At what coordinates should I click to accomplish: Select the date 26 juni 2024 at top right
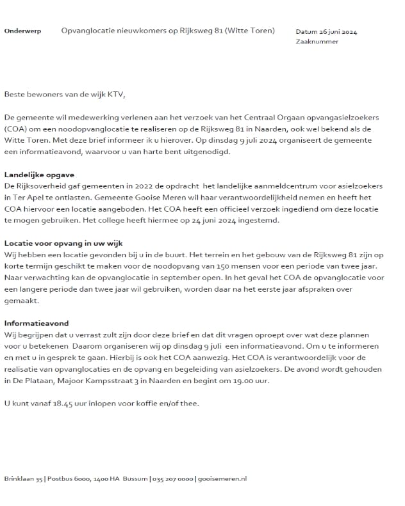345,31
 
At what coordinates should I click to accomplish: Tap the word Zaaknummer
317,42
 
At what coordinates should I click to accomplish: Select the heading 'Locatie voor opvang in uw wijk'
63,243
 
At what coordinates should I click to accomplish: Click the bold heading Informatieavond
36,323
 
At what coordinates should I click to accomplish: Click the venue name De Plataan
35,381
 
